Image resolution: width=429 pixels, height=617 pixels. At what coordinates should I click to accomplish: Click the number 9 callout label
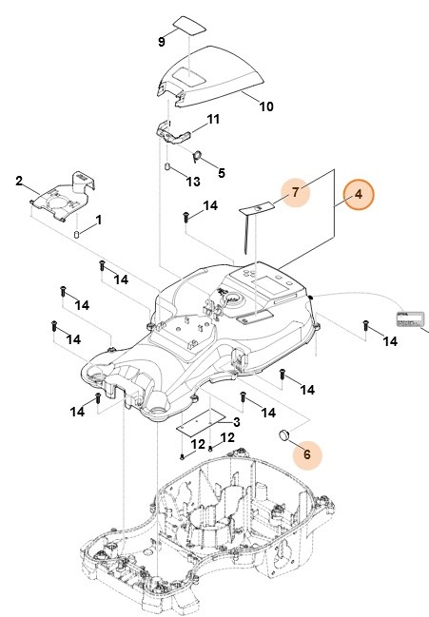click(x=161, y=43)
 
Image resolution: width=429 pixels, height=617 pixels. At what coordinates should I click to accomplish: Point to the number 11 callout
click(x=213, y=120)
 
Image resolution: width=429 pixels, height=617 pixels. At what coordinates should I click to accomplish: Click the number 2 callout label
click(x=19, y=180)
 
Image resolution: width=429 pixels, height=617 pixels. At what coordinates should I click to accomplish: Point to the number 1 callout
click(x=96, y=220)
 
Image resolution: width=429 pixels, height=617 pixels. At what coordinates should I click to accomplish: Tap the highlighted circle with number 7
click(x=297, y=192)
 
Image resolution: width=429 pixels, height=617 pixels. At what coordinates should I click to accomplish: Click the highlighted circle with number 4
click(x=360, y=196)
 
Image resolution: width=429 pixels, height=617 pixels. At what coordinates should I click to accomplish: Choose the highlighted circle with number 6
click(x=307, y=454)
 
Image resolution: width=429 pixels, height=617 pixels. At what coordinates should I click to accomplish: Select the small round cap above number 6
click(x=283, y=435)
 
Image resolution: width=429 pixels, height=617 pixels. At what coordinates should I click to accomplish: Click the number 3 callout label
click(x=234, y=422)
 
